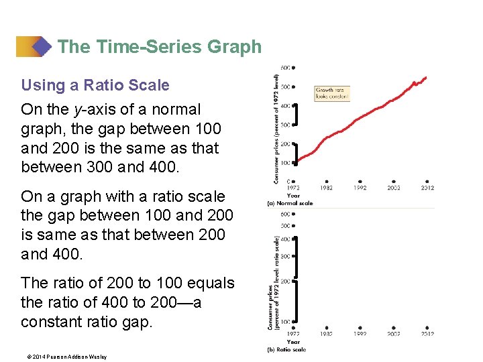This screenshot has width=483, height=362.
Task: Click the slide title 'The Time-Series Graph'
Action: pos(159,47)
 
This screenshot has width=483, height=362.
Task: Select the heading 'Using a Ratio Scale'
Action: pos(95,85)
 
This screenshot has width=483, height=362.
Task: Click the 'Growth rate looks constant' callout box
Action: pos(332,93)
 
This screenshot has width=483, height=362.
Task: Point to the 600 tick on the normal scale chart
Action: pos(286,68)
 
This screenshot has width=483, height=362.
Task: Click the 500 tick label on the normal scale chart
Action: pos(285,86)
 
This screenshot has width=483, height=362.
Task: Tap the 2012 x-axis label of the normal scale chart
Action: pos(427,188)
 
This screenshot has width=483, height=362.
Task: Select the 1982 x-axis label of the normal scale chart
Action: pos(327,188)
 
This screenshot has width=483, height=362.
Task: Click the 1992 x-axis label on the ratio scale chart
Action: pos(360,333)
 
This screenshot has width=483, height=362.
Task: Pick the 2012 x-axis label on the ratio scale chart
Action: pos(427,333)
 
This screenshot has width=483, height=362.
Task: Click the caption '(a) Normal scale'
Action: pos(290,202)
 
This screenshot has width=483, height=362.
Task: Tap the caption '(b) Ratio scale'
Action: pos(287,349)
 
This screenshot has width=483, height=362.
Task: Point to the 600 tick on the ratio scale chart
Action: pos(285,215)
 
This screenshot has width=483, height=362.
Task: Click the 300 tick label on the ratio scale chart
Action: pos(285,256)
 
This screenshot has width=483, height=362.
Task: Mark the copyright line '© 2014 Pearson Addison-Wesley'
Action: pos(64,357)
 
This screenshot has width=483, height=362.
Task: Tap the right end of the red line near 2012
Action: pos(426,78)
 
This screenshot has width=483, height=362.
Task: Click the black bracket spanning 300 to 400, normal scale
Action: pos(297,115)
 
